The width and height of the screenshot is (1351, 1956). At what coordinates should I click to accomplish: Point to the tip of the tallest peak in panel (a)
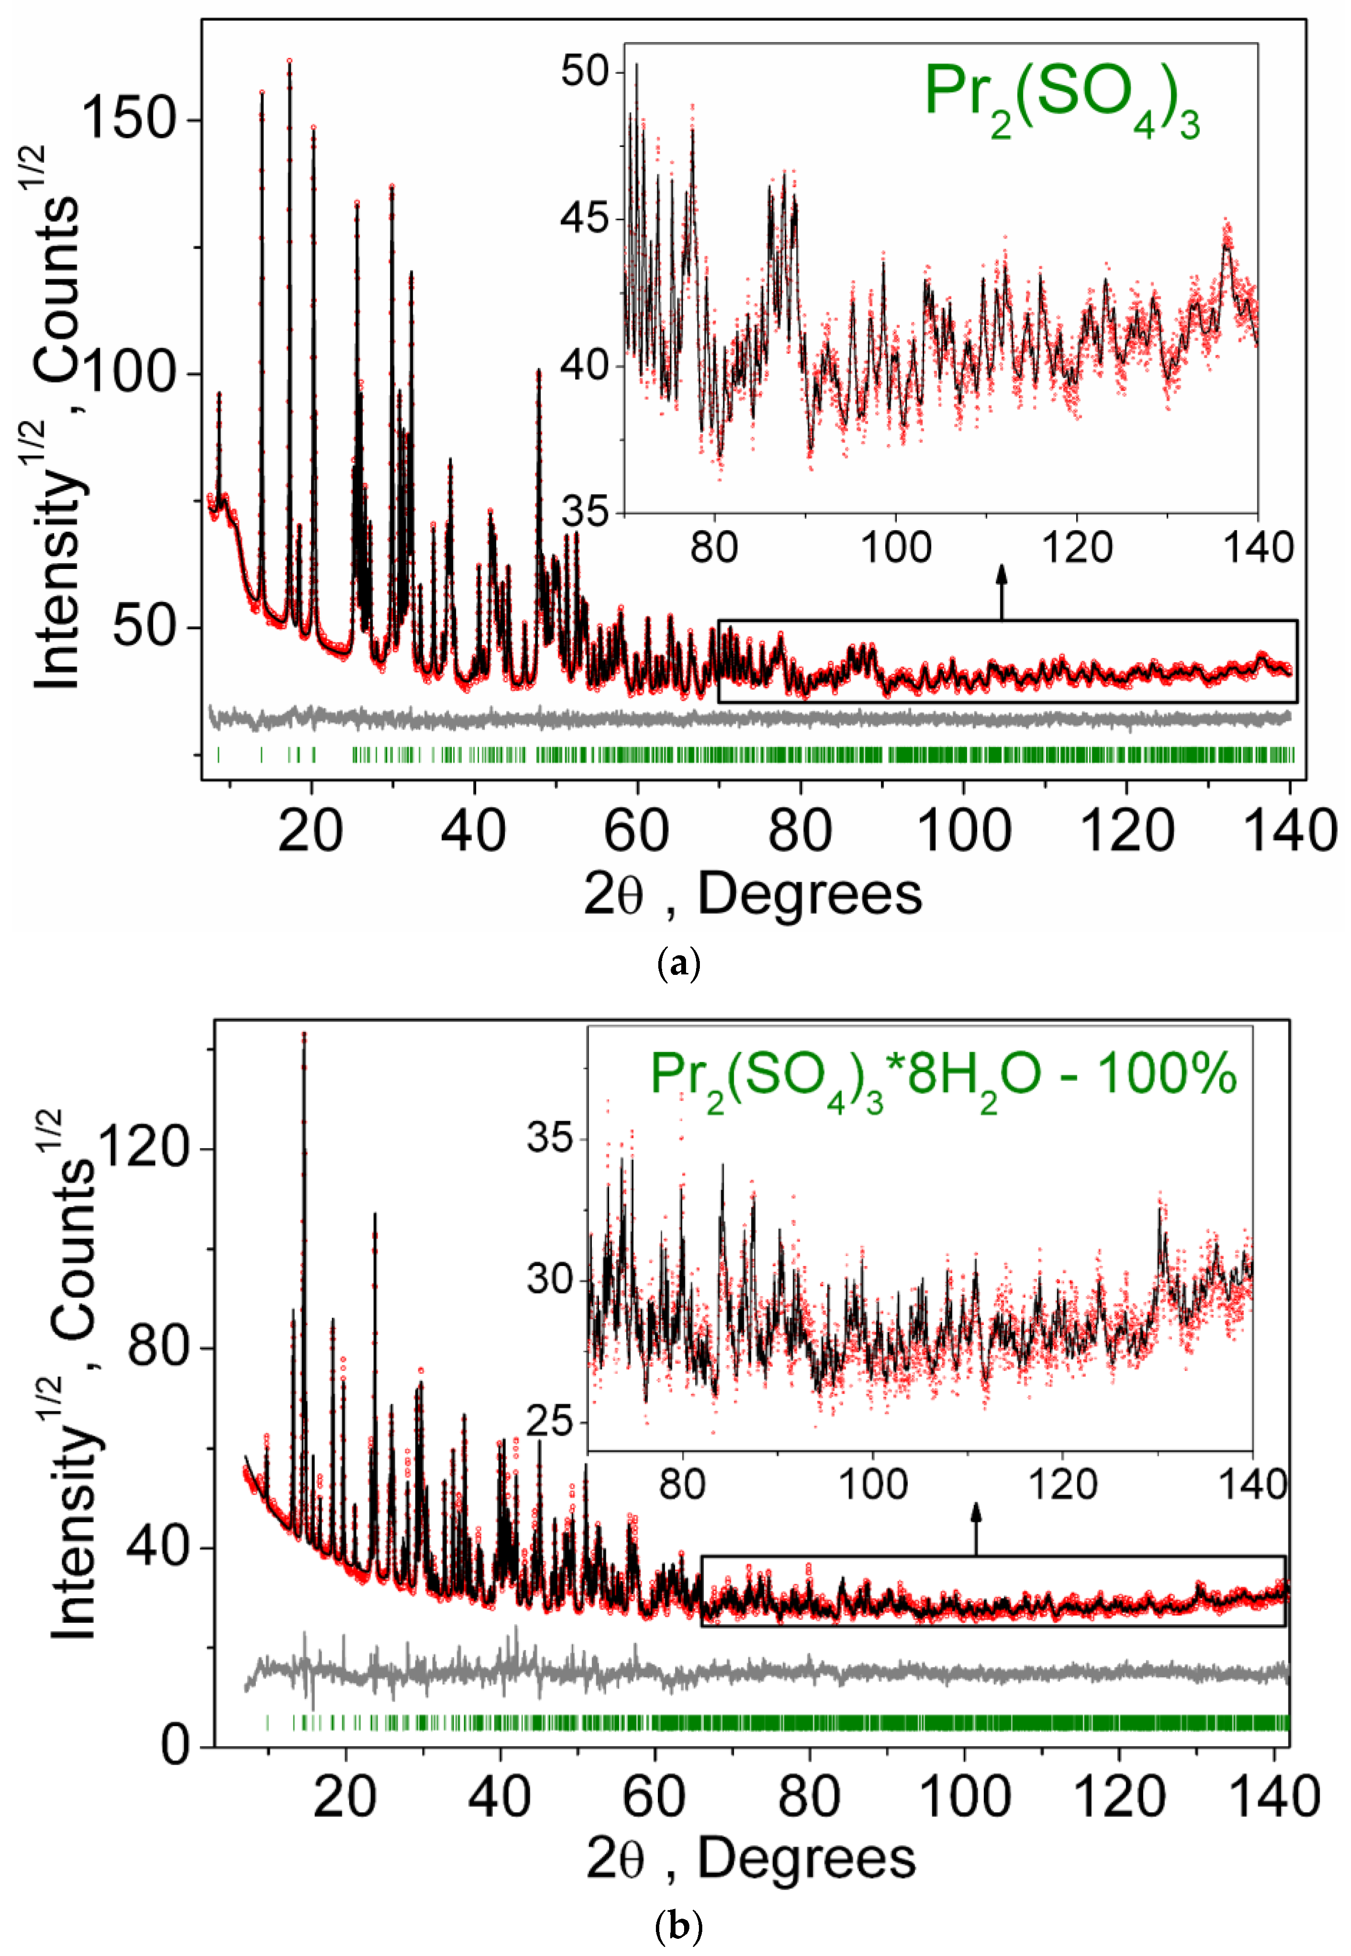pos(290,61)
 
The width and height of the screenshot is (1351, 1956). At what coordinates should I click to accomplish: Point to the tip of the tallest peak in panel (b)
pos(304,1033)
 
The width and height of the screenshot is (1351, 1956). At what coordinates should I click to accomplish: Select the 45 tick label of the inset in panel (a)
pos(586,219)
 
